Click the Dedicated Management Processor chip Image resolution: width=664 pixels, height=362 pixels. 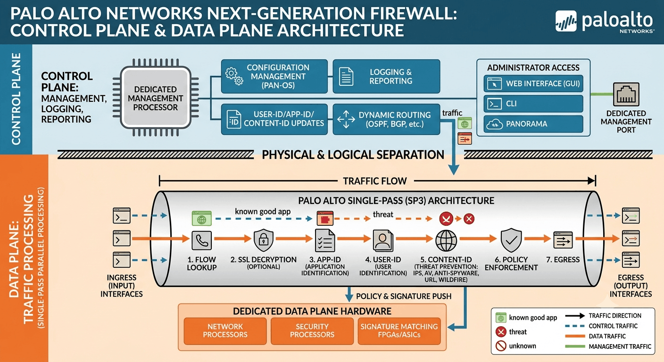pyautogui.click(x=155, y=98)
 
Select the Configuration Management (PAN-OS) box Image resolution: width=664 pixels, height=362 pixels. pyautogui.click(x=274, y=76)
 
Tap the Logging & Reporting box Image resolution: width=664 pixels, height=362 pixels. pyautogui.click(x=386, y=76)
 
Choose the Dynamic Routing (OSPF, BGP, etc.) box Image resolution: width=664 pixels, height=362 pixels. pyautogui.click(x=386, y=119)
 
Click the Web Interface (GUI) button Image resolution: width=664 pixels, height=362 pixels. pyautogui.click(x=533, y=84)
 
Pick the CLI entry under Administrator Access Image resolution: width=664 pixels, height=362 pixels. pyautogui.click(x=533, y=104)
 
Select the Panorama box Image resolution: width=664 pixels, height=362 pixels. pyautogui.click(x=533, y=124)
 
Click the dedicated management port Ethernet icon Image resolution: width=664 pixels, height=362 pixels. pyautogui.click(x=626, y=94)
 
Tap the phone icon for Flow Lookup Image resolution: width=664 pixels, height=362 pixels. pyautogui.click(x=201, y=240)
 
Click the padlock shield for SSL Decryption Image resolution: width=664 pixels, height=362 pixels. pyautogui.click(x=264, y=239)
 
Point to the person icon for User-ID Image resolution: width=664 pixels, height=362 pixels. pyautogui.click(x=383, y=240)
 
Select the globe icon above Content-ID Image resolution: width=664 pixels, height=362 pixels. pyautogui.click(x=446, y=240)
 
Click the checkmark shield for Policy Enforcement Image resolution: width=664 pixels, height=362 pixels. pyautogui.click(x=511, y=239)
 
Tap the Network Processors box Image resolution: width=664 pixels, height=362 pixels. pyautogui.click(x=225, y=331)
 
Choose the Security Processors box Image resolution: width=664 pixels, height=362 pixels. pyautogui.click(x=312, y=331)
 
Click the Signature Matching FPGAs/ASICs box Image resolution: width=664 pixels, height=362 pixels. pyautogui.click(x=399, y=331)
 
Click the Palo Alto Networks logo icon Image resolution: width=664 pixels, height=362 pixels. pyautogui.click(x=566, y=21)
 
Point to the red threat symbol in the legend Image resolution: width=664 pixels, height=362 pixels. pyautogui.click(x=501, y=332)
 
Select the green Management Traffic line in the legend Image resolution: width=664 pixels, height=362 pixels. pyautogui.click(x=575, y=346)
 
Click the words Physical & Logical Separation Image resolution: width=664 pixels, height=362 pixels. pyautogui.click(x=353, y=155)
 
